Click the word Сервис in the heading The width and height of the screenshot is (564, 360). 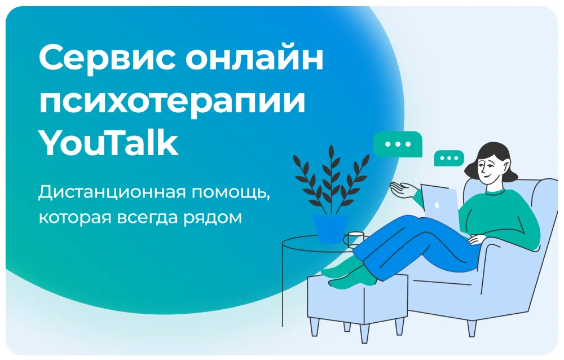click(107, 58)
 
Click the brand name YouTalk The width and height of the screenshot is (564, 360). click(108, 143)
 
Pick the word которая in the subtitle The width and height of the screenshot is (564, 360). click(74, 218)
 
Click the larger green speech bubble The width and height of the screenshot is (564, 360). click(398, 144)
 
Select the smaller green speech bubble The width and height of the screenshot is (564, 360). click(449, 159)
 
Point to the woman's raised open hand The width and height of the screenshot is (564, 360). click(403, 190)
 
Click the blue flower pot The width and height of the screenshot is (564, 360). click(331, 228)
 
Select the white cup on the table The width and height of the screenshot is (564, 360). click(354, 239)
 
